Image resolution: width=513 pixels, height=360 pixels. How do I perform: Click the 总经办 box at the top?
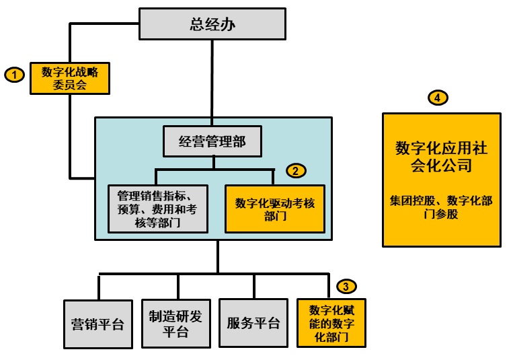pos(212,25)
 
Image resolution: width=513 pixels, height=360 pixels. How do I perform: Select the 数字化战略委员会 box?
pos(69,79)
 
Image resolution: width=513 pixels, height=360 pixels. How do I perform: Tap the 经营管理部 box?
pos(212,141)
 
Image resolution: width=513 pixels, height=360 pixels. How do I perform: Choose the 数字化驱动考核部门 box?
pos(275,209)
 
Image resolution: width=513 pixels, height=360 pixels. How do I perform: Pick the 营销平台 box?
pos(97,323)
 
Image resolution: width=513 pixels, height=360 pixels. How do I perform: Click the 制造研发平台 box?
pos(175,323)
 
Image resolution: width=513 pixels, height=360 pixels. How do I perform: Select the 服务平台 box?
pos(253,323)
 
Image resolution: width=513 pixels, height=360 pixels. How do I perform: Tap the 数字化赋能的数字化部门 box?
pos(331,323)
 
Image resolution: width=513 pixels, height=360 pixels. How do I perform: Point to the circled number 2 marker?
pos(296,171)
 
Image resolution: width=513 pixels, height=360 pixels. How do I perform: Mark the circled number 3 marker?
pos(346,287)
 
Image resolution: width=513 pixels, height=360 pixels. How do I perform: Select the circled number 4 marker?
pos(438,98)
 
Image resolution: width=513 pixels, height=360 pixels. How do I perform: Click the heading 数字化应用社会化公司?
pos(442,157)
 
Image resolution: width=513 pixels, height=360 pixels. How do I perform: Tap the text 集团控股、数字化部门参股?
pos(442,207)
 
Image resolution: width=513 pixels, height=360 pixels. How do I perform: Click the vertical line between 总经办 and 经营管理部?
pos(213,81)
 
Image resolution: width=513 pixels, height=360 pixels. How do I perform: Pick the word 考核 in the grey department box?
pos(193,209)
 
